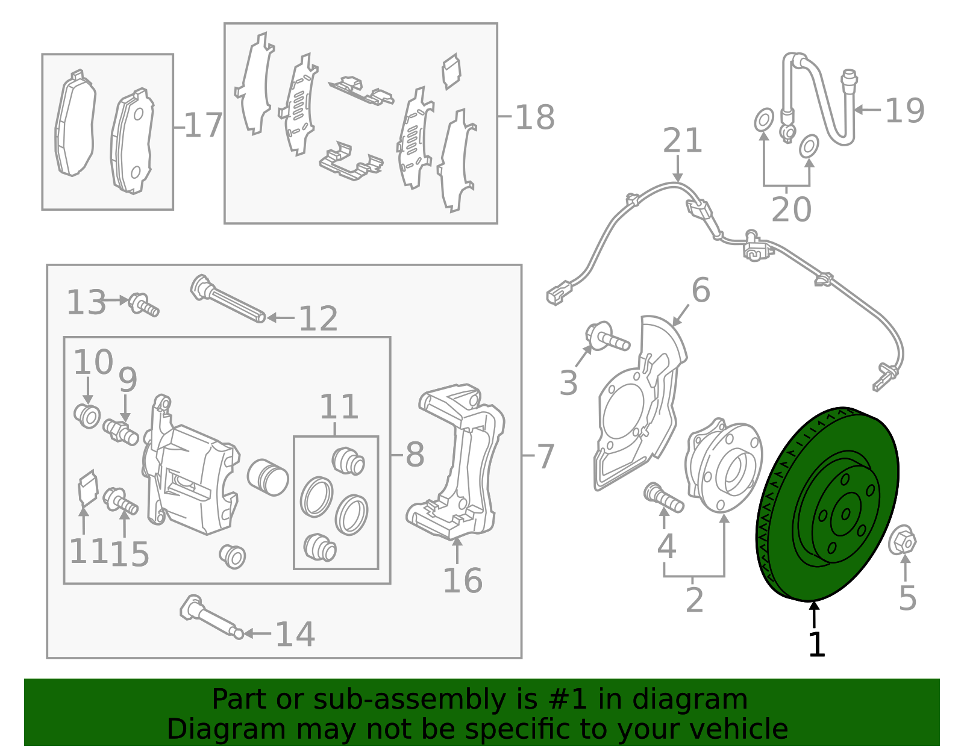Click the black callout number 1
tap(816, 645)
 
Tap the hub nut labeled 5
tap(902, 541)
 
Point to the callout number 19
tap(904, 111)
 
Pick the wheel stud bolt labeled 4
tap(663, 499)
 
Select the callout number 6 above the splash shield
tap(701, 290)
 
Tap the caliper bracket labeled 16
tap(458, 464)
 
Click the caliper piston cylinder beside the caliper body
tap(268, 477)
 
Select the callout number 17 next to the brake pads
tap(203, 126)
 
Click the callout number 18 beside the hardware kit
tap(534, 117)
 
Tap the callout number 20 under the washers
tap(791, 210)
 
